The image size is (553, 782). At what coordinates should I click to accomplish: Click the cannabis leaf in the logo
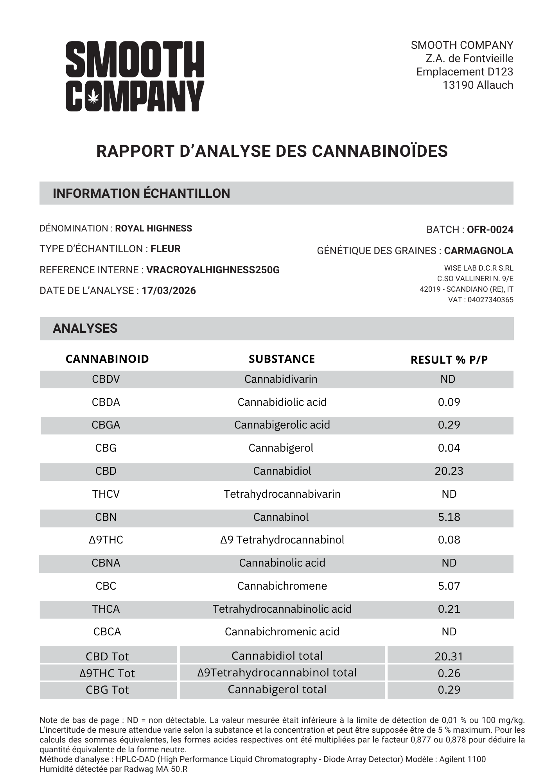click(93, 96)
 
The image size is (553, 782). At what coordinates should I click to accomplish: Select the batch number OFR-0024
click(490, 230)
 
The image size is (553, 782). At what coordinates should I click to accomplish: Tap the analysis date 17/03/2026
click(169, 291)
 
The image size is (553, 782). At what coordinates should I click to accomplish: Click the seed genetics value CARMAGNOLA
click(479, 251)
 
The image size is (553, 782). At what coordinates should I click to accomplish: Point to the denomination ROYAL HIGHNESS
click(153, 228)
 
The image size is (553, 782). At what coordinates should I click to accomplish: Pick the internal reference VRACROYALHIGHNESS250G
click(213, 270)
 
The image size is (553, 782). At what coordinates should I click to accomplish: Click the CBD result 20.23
click(449, 471)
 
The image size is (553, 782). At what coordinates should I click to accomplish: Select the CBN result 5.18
click(449, 517)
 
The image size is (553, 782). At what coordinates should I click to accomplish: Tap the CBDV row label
click(106, 379)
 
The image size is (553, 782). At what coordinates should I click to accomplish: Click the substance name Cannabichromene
click(282, 586)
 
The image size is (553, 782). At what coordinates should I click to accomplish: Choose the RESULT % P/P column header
click(449, 360)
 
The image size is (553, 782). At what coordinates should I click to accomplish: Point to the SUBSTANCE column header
click(282, 359)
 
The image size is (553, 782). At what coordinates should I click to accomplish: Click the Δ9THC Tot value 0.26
click(449, 673)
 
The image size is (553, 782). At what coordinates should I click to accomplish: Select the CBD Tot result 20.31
click(449, 656)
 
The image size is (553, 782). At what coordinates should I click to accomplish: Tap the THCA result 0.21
click(449, 609)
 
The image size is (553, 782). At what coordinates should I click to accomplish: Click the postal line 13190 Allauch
click(478, 85)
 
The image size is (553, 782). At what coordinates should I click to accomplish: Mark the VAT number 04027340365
click(490, 300)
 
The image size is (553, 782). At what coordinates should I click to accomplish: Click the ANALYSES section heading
click(85, 328)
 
